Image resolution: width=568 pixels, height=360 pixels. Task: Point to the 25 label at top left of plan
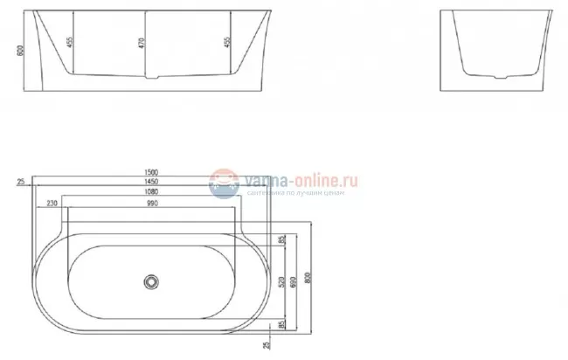point(20,181)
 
